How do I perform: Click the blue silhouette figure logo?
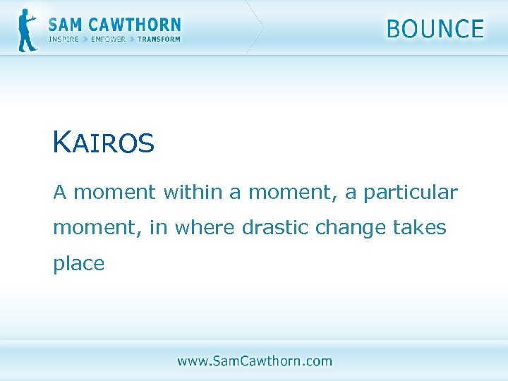pos(28,30)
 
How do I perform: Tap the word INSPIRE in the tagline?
pos(64,40)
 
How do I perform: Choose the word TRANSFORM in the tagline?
pos(159,40)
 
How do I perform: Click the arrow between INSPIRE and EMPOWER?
pos(85,40)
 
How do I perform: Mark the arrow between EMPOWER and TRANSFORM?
pos(131,40)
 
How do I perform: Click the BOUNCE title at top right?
pos(435,29)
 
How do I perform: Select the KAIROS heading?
pos(103,143)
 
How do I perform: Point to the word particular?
pos(411,192)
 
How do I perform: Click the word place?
pos(78,264)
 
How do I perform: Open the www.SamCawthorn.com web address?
pos(254,361)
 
